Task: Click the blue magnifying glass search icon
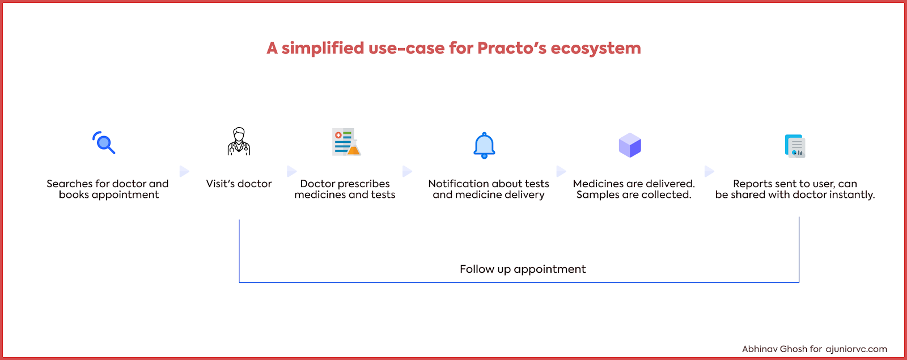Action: [x=104, y=142]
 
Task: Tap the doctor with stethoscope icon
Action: [x=239, y=141]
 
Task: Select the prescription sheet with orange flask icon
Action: [x=346, y=142]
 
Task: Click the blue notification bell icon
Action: [x=484, y=145]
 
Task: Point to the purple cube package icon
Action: [x=630, y=145]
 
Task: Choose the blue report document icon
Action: [x=795, y=146]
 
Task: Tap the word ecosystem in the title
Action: [x=596, y=49]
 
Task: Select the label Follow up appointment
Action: [x=523, y=269]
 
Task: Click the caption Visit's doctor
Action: [x=239, y=184]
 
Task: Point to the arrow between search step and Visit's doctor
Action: [x=184, y=171]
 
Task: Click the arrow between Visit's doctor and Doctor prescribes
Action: [x=291, y=171]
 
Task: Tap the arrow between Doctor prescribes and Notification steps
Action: [x=408, y=171]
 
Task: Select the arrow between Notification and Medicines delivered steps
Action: [x=561, y=171]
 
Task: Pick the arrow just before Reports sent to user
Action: [x=709, y=171]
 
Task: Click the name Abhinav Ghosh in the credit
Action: [x=774, y=349]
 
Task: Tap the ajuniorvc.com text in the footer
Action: [x=856, y=349]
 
